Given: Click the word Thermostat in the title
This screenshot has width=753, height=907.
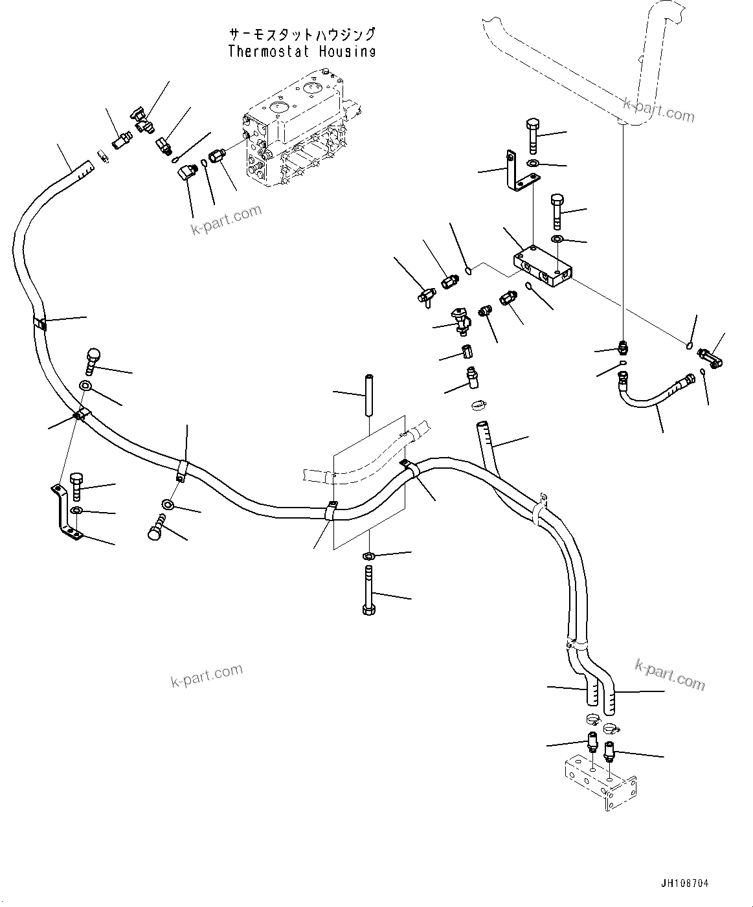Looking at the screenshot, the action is [269, 51].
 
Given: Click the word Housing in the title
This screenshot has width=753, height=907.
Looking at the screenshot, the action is [347, 51].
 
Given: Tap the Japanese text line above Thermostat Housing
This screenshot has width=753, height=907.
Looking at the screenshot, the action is [302, 34].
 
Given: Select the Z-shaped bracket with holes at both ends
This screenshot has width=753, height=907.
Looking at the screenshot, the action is [67, 512].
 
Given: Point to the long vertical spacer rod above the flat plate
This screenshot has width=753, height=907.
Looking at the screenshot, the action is [369, 395].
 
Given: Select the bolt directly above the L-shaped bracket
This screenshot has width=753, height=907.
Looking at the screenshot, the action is [533, 136].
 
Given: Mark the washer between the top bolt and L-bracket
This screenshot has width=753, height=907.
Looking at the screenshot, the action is [533, 163].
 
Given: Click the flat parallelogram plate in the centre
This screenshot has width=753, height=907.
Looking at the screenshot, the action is [369, 482].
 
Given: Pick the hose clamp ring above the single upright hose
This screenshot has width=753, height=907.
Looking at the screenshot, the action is [479, 405].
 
